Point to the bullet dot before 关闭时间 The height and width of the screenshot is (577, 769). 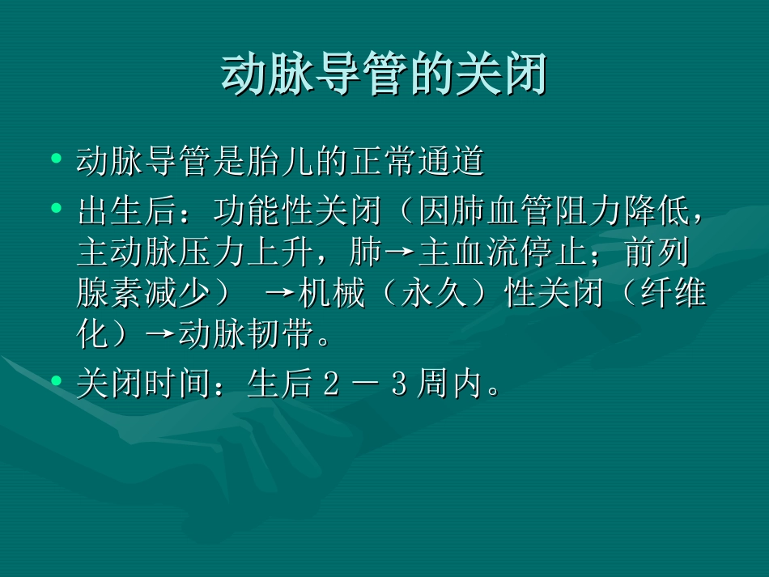[x=56, y=380]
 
